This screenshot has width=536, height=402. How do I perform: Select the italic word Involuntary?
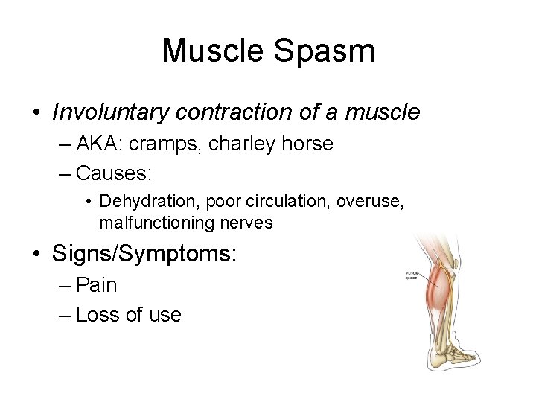click(112, 112)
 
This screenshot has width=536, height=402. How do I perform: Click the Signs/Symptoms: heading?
click(144, 254)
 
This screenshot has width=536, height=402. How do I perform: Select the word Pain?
click(97, 285)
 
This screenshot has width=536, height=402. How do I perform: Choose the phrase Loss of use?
click(128, 315)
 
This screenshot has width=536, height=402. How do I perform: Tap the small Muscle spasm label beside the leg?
click(411, 277)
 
